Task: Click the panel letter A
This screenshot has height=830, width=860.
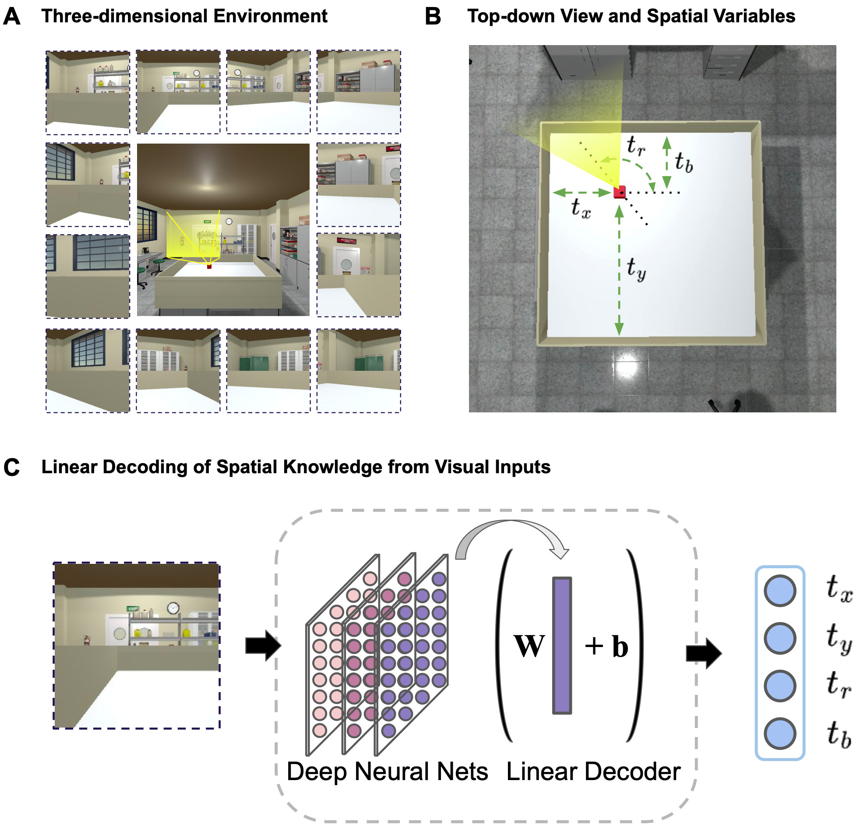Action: [12, 17]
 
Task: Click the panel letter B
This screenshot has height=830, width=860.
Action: [433, 17]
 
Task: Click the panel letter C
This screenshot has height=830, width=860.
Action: [12, 467]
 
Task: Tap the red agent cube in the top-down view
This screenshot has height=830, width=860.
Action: [620, 192]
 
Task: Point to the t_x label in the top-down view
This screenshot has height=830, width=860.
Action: [581, 207]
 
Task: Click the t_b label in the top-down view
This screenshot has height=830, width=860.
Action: [684, 162]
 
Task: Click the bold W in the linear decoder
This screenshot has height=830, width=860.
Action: [529, 646]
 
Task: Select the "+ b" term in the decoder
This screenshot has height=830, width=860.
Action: [607, 646]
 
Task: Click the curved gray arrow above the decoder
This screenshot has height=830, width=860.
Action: [511, 533]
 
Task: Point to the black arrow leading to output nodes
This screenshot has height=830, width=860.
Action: [703, 653]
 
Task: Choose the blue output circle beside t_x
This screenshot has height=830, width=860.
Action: [780, 591]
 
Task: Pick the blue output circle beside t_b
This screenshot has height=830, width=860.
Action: [780, 733]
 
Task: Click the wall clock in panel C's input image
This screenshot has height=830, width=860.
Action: [173, 608]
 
